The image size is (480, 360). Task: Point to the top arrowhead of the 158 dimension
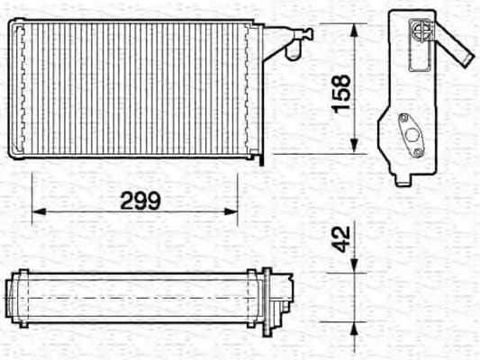pyautogui.click(x=354, y=29)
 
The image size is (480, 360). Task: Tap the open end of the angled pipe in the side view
pyautogui.click(x=466, y=58)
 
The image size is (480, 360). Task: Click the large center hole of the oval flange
pyautogui.click(x=412, y=135)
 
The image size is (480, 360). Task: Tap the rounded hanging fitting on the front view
pyautogui.click(x=291, y=50)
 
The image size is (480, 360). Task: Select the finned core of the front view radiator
pyautogui.click(x=135, y=87)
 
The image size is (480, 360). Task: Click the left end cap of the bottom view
pyautogui.click(x=10, y=296)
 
